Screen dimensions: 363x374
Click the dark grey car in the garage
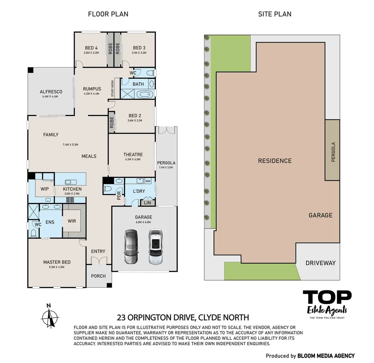point(131,247)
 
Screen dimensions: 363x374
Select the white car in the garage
point(155,247)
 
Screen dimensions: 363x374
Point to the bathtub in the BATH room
point(146,94)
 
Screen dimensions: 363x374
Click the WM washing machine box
point(148,182)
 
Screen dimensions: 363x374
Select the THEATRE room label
point(133,155)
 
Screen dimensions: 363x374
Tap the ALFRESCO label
point(51,92)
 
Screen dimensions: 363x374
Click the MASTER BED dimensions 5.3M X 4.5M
point(57,267)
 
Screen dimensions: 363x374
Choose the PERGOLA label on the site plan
point(333,152)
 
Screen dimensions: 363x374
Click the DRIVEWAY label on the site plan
point(321,263)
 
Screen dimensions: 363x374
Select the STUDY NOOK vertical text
point(112,88)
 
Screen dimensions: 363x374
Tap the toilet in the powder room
point(108,189)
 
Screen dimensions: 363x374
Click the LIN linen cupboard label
point(147,203)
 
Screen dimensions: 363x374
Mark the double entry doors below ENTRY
point(98,260)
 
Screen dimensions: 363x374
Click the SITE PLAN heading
point(274,14)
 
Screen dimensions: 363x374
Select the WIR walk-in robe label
point(72,221)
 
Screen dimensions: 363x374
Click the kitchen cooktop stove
point(70,200)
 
